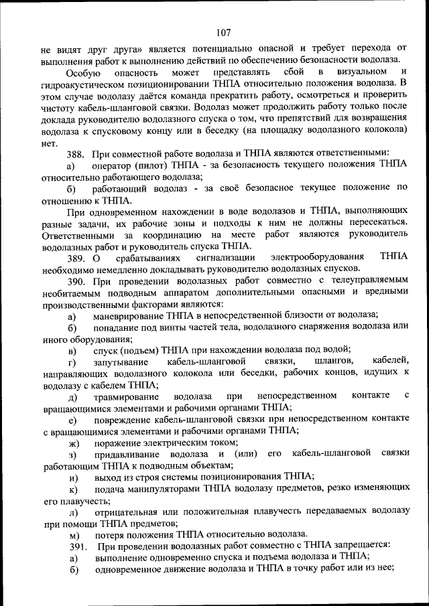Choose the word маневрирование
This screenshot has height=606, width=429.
pyautogui.click(x=128, y=316)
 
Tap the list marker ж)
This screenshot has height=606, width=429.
pyautogui.click(x=73, y=443)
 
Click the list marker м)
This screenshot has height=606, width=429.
pyautogui.click(x=73, y=535)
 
